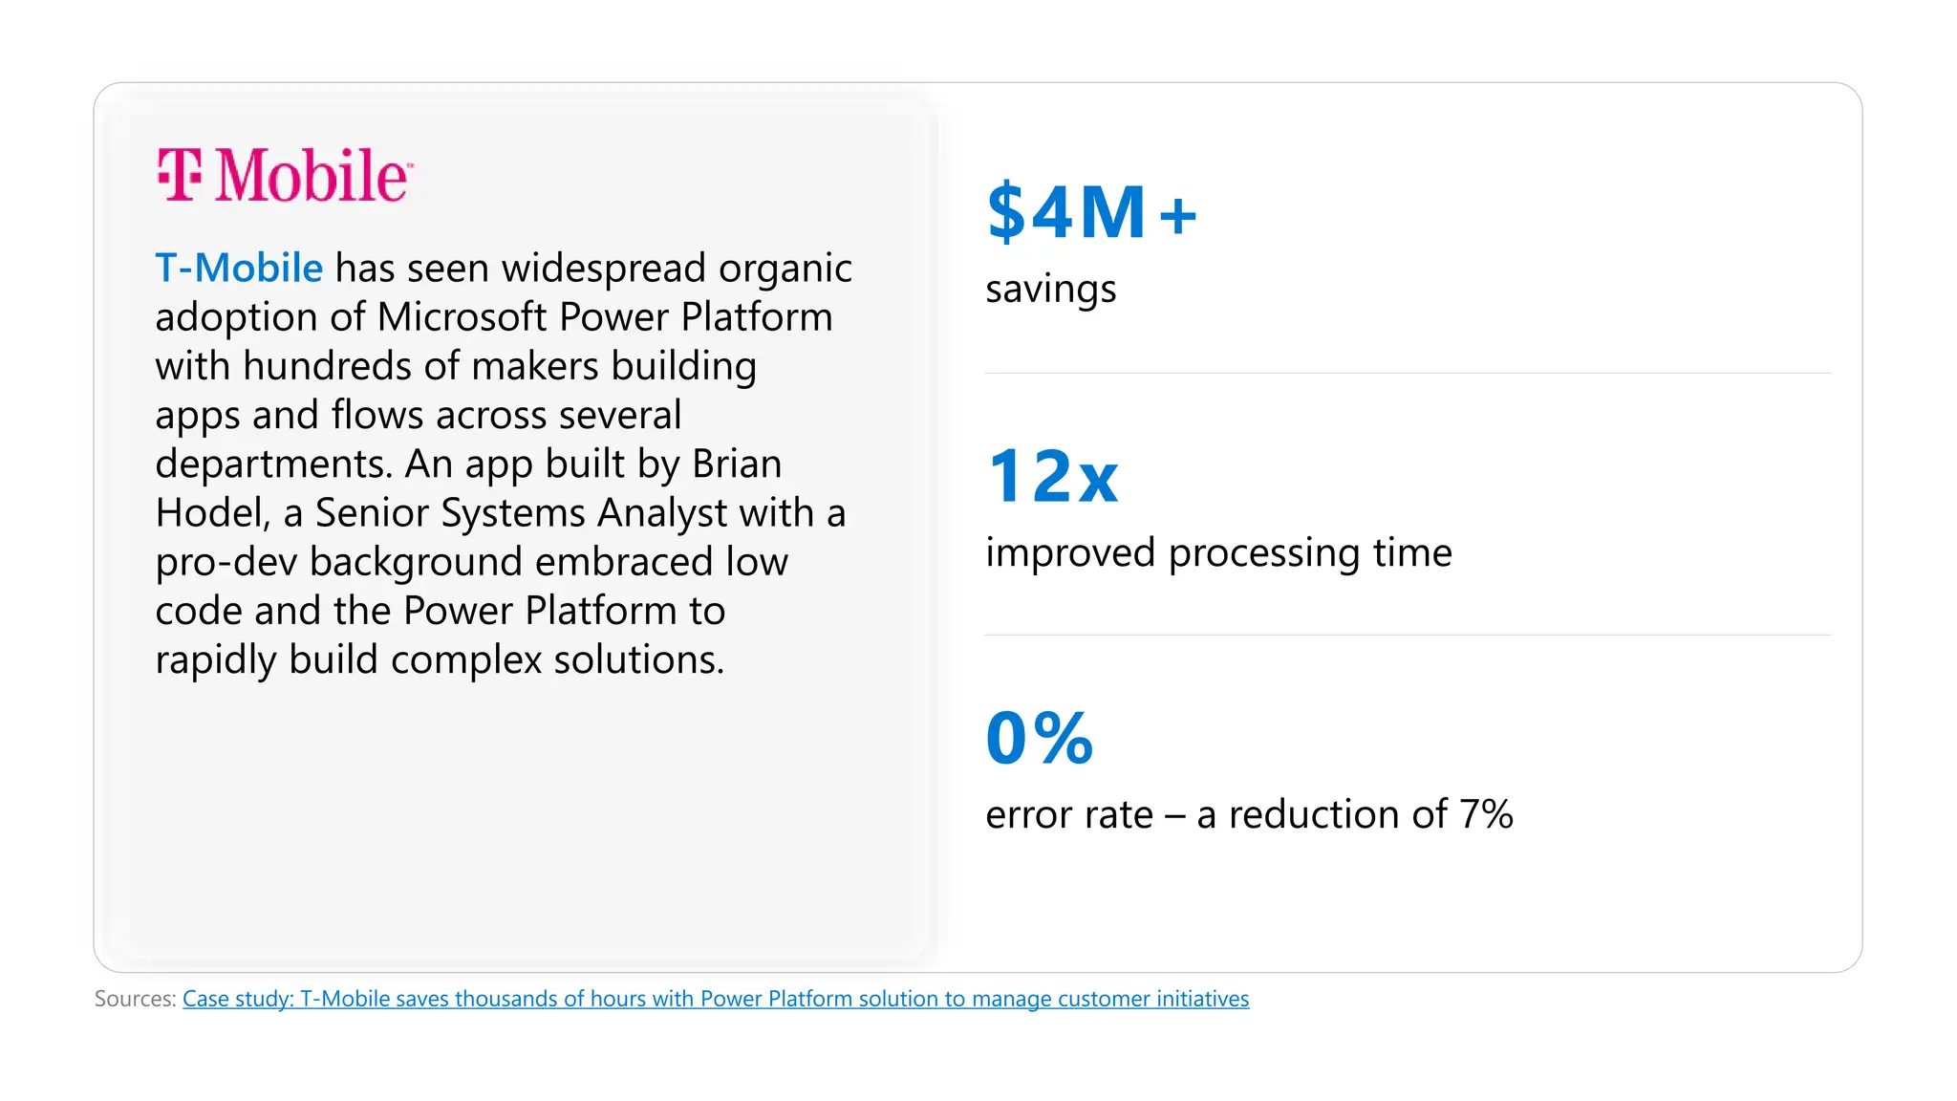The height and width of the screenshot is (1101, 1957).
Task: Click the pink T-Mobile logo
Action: (285, 175)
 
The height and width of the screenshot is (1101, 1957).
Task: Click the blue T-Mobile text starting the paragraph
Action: (239, 269)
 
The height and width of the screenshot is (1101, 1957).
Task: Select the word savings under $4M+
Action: (1050, 290)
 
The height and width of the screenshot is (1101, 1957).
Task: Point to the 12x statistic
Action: (1052, 476)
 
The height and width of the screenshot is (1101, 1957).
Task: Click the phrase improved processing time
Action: (1218, 553)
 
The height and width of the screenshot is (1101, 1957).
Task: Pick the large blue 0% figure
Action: (1039, 738)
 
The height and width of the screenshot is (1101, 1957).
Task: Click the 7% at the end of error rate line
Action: (1486, 815)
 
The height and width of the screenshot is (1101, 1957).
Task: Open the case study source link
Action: (715, 999)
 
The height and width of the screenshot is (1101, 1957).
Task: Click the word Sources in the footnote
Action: (135, 999)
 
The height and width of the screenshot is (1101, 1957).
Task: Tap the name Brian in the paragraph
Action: (737, 464)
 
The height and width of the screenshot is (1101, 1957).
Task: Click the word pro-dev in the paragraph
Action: (226, 563)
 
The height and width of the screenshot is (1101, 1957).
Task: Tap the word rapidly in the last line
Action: (215, 660)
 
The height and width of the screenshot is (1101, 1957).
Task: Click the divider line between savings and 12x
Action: (1407, 373)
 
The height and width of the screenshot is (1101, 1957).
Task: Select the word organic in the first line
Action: (785, 269)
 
